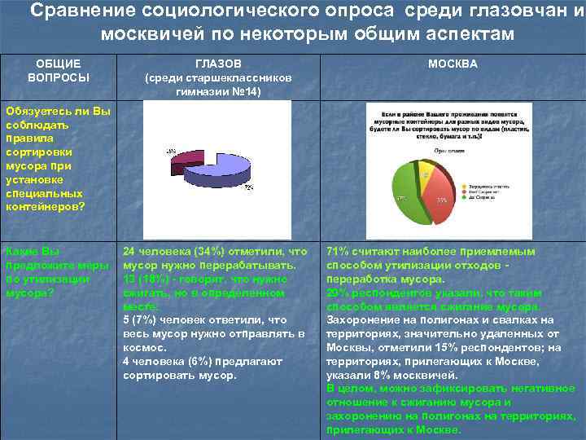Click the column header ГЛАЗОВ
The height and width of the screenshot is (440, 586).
pos(217,64)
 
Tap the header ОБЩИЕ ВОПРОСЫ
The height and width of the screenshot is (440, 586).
pos(58,71)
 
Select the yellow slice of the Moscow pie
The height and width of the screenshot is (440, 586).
pos(425,174)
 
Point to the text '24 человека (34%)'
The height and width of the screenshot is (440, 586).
pos(174,252)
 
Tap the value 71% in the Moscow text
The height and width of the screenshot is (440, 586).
pos(338,252)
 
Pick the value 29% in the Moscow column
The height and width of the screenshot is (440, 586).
pos(338,293)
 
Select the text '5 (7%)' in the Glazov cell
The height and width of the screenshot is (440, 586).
pos(139,320)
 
